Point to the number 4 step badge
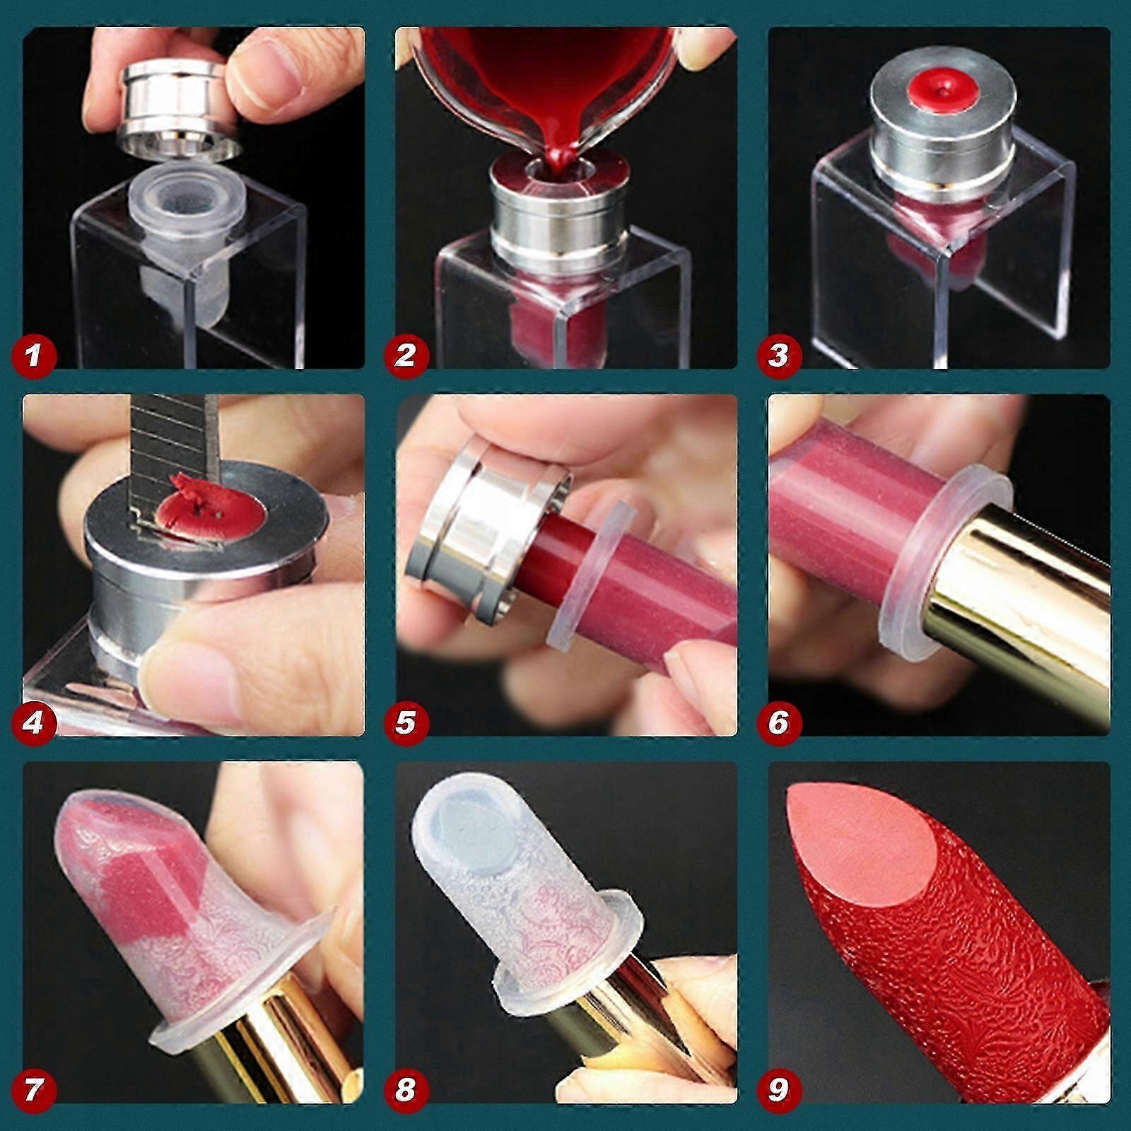33,722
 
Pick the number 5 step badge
405,722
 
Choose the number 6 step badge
778,722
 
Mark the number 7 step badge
33,1089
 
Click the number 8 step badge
405,1089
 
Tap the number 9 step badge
778,1089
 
